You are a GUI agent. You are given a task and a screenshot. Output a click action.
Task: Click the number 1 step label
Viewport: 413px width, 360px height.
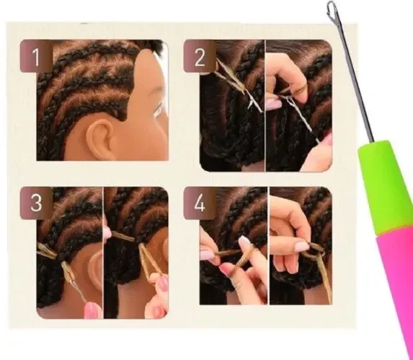36,57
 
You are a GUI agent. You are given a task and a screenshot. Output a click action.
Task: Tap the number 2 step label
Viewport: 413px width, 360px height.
200,57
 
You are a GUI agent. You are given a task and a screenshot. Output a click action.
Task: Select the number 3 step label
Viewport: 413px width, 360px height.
36,203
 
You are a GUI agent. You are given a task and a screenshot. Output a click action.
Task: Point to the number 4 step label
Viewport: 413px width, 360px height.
200,203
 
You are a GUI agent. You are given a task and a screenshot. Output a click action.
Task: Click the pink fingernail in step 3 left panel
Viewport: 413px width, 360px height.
92,310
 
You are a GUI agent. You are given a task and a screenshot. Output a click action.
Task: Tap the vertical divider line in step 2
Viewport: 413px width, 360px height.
265,105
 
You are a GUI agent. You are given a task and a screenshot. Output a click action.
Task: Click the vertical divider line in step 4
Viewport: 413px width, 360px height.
268,245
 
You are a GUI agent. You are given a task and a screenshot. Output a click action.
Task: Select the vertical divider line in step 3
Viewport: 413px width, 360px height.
103,253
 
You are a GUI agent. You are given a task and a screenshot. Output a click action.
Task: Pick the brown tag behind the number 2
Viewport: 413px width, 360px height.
200,56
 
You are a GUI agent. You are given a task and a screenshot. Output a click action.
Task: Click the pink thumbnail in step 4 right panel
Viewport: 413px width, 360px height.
301,247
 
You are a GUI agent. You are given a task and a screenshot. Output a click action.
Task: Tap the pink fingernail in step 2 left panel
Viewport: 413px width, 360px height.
273,104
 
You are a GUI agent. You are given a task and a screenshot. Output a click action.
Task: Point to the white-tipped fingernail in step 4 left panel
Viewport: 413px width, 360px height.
244,240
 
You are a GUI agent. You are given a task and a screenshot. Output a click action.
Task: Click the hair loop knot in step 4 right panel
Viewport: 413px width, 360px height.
313,253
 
